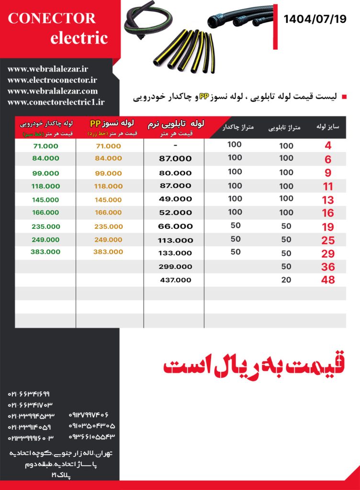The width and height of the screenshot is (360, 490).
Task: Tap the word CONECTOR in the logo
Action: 52,18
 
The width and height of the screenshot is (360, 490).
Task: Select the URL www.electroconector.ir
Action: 52,80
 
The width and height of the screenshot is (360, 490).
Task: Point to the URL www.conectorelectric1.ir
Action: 56,101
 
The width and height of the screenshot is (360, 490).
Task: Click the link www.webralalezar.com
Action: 53,91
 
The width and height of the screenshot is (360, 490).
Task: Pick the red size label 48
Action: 328,280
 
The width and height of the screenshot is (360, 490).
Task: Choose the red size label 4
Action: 328,146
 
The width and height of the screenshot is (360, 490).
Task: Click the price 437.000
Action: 176,280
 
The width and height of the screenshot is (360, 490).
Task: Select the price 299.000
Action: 176,267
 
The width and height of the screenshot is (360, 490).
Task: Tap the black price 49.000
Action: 176,199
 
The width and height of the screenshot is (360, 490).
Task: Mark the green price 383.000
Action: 45,252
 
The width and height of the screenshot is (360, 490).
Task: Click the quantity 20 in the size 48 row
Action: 286,280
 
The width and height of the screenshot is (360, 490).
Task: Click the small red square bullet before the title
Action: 343,97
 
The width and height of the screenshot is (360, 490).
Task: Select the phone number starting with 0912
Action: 89,414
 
